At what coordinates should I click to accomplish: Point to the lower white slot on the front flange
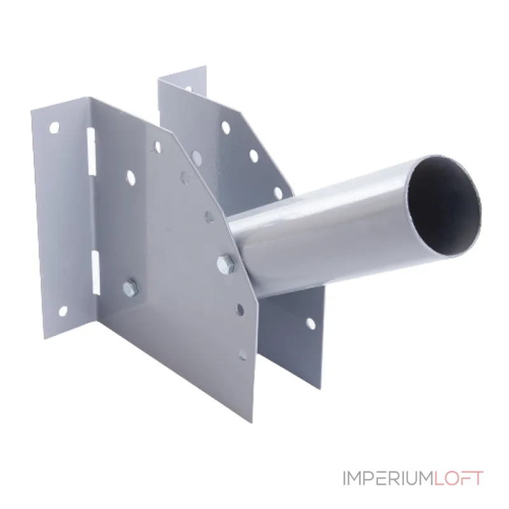pyautogui.click(x=95, y=273)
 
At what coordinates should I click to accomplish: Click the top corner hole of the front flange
pyautogui.click(x=55, y=127)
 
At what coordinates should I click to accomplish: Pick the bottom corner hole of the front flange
pyautogui.click(x=63, y=312)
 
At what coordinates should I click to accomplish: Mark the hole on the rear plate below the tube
pyautogui.click(x=310, y=323)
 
